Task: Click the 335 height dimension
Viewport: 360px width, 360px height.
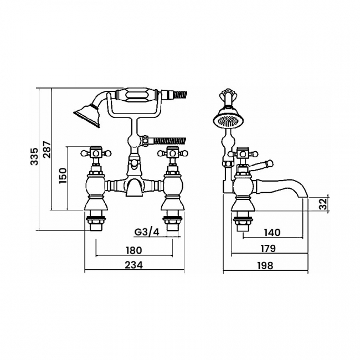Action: (x=34, y=157)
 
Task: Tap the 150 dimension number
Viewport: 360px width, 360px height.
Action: (x=63, y=176)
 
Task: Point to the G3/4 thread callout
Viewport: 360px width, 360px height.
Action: (x=147, y=233)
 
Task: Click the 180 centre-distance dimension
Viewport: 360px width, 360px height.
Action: (x=134, y=250)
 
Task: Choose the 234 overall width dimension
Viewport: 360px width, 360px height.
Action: (x=134, y=265)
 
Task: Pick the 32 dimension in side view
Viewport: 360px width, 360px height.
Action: (x=323, y=204)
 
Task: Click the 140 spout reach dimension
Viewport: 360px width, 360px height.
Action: (x=272, y=233)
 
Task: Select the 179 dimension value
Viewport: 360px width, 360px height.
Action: (x=268, y=249)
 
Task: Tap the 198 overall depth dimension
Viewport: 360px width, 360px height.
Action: (x=265, y=266)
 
